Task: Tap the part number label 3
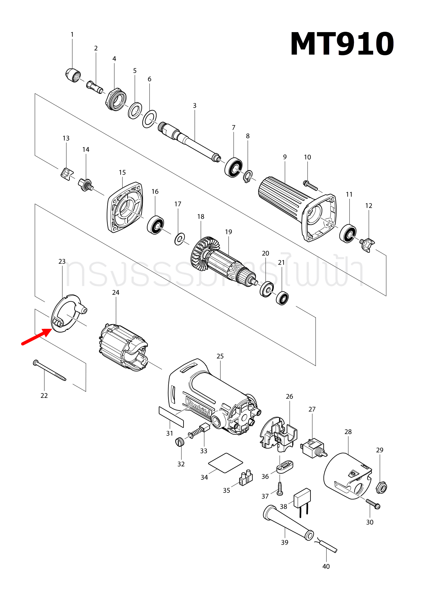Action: coord(194,106)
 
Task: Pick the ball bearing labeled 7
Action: coord(233,167)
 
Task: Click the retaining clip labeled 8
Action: coord(248,177)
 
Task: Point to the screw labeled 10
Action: coord(310,185)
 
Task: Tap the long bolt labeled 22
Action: coord(49,371)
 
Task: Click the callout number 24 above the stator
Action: coord(116,293)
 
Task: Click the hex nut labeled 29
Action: coord(381,488)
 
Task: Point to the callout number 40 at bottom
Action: coord(326,567)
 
